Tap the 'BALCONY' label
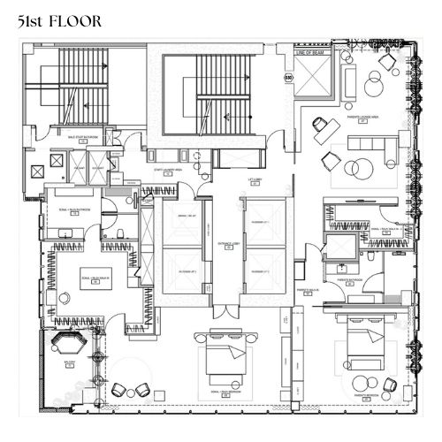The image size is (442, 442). [66, 363]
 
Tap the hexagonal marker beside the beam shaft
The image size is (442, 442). [286, 78]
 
